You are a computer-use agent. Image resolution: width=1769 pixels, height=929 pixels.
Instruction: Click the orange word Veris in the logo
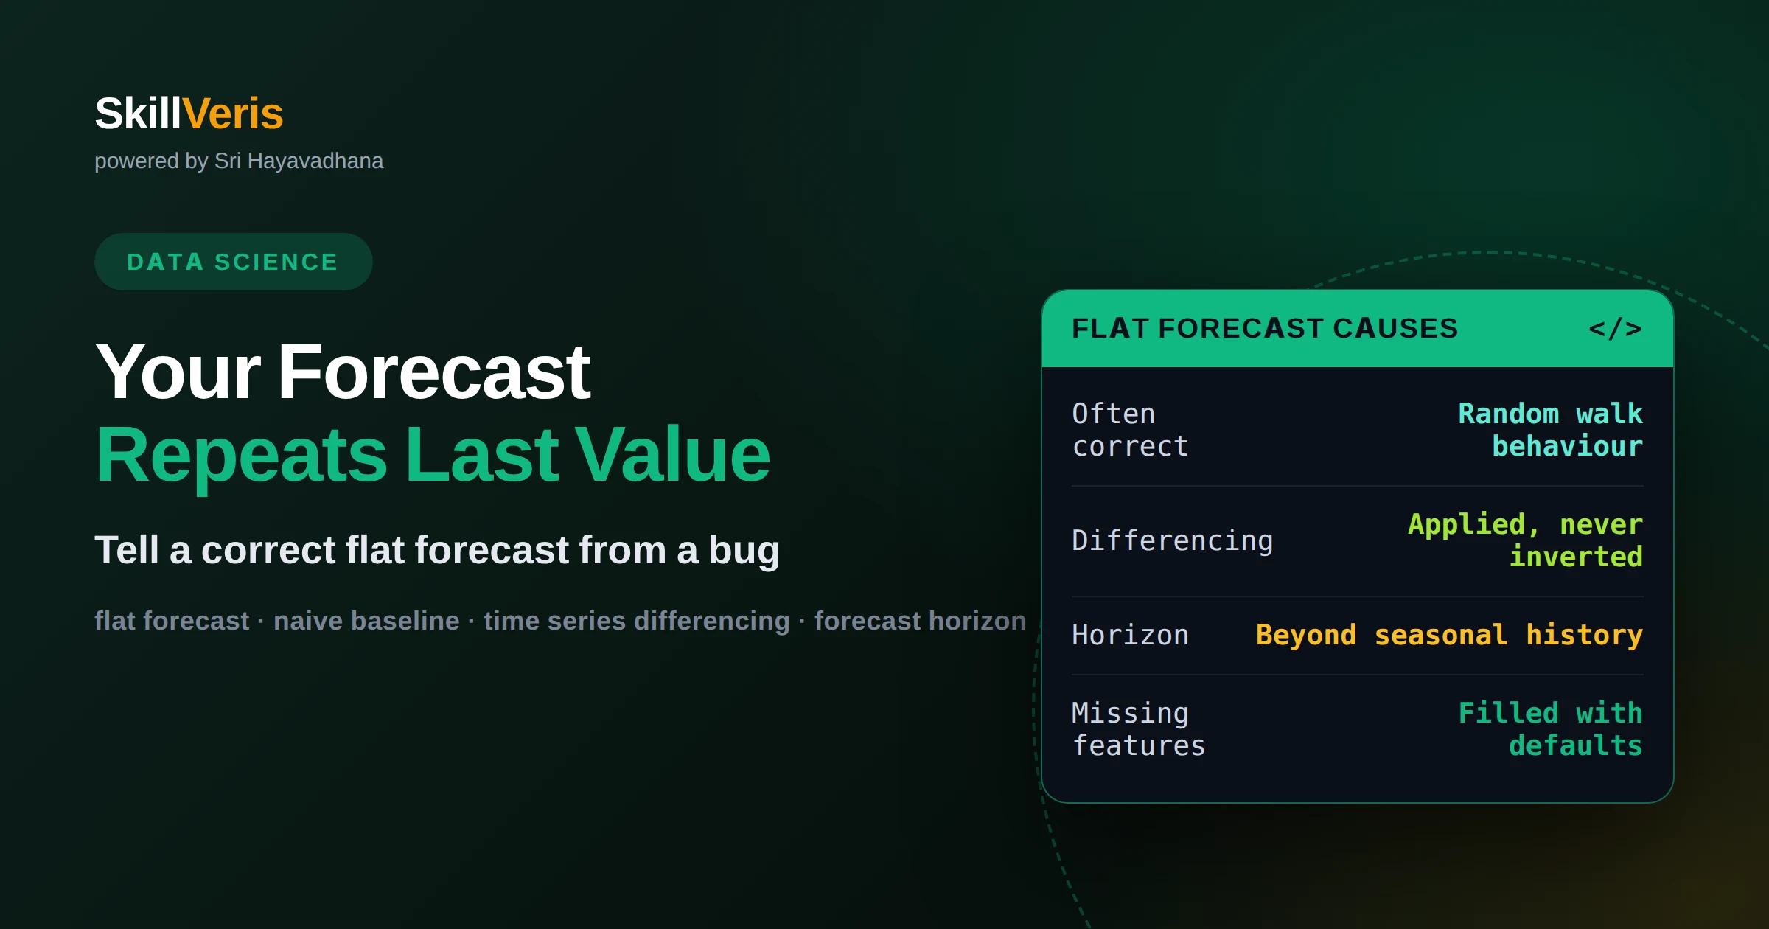[232, 114]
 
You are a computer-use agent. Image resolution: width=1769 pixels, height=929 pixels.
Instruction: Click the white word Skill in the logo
[138, 114]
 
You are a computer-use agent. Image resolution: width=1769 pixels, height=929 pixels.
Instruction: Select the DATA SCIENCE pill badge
[233, 262]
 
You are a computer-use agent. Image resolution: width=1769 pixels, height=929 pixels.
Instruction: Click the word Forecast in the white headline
[433, 372]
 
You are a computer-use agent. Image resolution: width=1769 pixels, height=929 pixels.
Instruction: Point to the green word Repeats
[241, 455]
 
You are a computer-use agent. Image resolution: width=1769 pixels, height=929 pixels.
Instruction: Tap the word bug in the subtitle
[744, 551]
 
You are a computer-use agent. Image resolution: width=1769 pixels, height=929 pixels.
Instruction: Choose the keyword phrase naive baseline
[366, 621]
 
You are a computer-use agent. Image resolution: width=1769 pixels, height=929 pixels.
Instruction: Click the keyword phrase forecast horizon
[920, 621]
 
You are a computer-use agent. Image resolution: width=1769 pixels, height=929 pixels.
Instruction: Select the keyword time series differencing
[637, 621]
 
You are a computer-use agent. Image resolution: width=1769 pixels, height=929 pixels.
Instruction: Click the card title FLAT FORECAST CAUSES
[1265, 328]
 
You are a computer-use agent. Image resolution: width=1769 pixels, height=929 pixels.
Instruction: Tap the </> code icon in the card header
[1615, 328]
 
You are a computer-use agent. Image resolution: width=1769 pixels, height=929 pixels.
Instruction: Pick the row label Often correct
[1130, 430]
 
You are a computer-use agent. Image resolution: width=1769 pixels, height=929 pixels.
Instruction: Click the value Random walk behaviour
[1551, 430]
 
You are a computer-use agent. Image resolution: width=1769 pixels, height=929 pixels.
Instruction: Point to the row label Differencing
[1172, 540]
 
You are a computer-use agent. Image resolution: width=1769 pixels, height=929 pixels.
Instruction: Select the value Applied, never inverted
[1526, 540]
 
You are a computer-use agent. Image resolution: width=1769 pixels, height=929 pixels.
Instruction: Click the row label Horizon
[1130, 635]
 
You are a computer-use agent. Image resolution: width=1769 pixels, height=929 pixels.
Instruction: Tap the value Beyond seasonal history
[1450, 635]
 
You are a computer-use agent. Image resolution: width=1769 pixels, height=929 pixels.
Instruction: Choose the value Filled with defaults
[1551, 729]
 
